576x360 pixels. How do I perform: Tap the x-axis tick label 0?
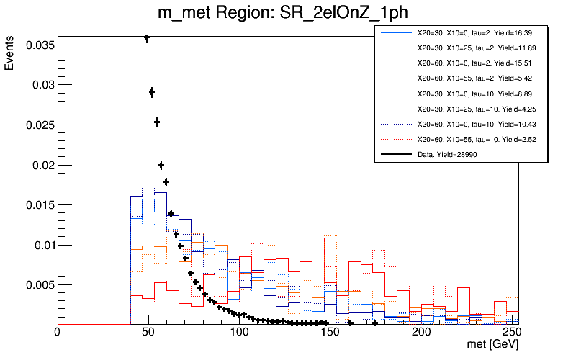click(x=57, y=333)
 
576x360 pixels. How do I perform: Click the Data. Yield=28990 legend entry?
click(x=447, y=154)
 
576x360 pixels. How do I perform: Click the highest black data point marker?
click(x=147, y=38)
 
